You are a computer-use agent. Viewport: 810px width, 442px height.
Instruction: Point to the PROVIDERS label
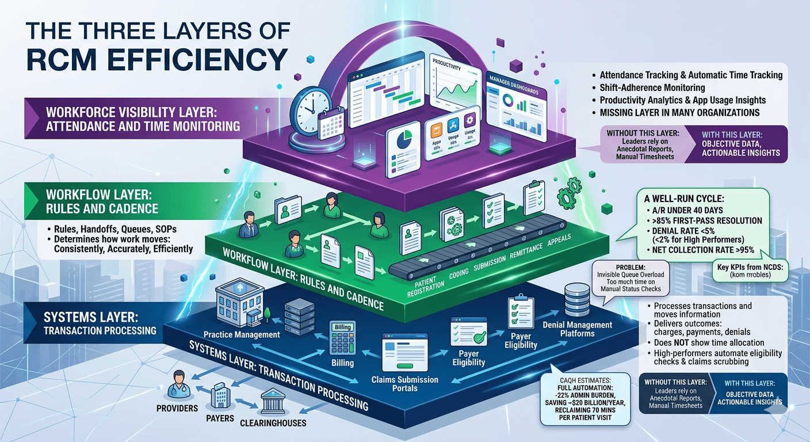click(x=177, y=408)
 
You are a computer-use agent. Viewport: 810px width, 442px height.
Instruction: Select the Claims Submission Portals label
click(x=405, y=384)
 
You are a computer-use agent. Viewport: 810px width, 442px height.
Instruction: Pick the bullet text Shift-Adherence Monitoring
click(x=652, y=88)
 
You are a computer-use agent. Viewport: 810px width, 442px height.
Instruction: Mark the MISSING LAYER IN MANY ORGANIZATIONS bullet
click(x=679, y=113)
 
